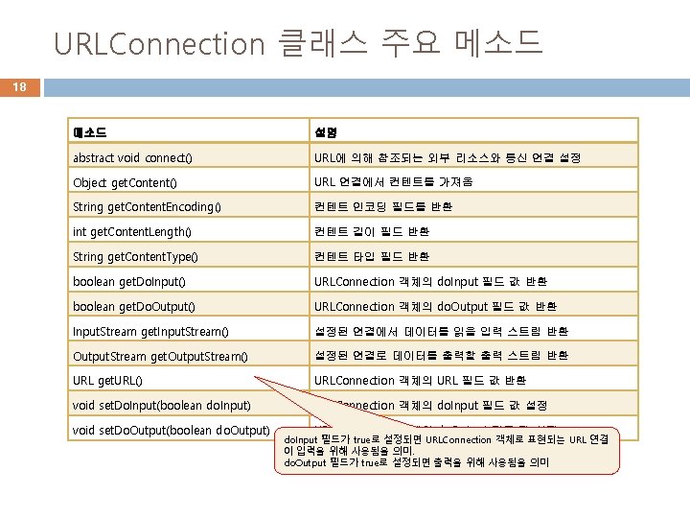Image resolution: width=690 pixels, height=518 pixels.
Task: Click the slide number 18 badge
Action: (x=19, y=87)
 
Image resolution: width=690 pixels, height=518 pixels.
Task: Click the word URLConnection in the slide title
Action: (x=158, y=43)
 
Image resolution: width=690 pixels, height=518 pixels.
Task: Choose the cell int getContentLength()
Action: (x=131, y=231)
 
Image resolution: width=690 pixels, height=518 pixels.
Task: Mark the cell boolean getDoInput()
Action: (x=129, y=281)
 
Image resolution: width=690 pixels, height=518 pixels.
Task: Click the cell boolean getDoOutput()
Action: (x=134, y=306)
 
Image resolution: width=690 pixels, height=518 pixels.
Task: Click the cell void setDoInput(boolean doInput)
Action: (x=162, y=406)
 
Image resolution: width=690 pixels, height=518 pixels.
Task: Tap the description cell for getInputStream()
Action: (x=441, y=331)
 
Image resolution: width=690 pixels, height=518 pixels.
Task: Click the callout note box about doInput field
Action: (x=450, y=451)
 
